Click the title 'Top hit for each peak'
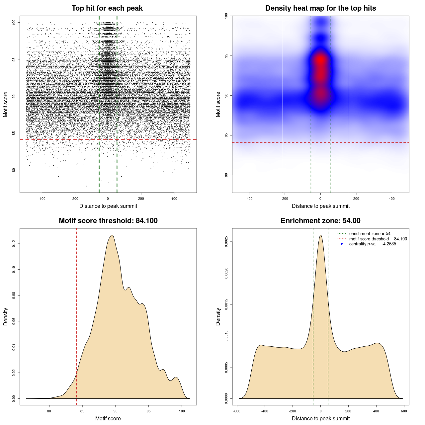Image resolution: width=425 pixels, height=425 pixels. (107, 8)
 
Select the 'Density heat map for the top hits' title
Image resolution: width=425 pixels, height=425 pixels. (320, 8)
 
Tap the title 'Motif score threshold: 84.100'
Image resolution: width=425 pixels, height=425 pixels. (108, 221)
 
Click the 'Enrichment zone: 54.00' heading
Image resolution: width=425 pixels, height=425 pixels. (320, 221)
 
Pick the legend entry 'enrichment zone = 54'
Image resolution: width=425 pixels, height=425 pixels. (370, 234)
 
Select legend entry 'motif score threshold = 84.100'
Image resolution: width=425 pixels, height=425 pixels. (378, 239)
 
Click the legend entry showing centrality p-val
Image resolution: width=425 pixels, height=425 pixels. (373, 244)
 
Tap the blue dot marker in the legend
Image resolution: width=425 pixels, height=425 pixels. (342, 244)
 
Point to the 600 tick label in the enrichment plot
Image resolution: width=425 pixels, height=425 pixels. (404, 411)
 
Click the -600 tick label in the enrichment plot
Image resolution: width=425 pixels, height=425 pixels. (237, 411)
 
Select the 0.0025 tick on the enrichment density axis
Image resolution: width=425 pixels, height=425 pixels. (226, 242)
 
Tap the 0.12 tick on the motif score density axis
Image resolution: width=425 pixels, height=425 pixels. (14, 244)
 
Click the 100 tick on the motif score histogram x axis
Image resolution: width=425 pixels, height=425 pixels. (182, 411)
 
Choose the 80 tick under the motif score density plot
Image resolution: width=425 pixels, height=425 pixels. (49, 411)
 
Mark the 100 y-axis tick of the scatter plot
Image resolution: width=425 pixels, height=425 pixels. (14, 22)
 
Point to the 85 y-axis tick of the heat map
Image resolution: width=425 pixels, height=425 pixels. (226, 135)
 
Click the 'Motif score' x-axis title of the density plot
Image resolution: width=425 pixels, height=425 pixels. (108, 418)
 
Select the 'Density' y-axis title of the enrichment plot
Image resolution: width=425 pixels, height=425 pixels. (218, 316)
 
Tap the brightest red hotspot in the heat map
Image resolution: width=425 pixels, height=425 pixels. (320, 60)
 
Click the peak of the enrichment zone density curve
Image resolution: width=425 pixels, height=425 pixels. (320, 235)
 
